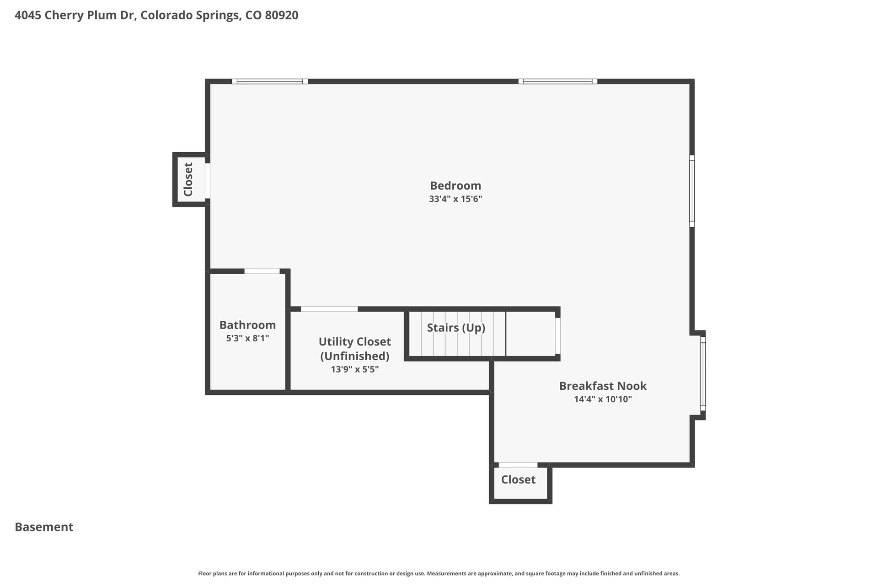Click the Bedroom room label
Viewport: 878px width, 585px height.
coord(455,186)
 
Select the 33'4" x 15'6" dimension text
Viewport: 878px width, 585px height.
coord(455,199)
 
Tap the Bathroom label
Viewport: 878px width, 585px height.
coord(247,325)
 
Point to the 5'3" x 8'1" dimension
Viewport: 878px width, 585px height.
coord(247,338)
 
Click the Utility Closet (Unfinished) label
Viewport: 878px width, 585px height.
coord(355,349)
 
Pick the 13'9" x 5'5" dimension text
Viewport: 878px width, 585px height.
coord(355,369)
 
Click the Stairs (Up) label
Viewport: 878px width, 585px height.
coord(456,328)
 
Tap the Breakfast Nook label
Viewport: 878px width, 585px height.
coord(603,386)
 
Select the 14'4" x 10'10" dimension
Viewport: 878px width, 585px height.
coord(603,399)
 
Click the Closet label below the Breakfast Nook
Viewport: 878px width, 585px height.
coord(518,479)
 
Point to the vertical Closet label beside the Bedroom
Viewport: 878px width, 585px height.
coord(188,179)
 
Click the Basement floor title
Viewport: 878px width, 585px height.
coord(44,527)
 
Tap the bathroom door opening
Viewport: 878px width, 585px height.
coord(262,271)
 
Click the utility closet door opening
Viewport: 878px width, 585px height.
coord(329,309)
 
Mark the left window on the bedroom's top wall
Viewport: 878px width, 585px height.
coord(270,81)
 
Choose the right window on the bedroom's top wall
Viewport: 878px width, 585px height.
coord(558,81)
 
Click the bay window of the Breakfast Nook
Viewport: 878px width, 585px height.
coord(703,374)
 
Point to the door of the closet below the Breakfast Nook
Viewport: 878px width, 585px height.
coord(518,465)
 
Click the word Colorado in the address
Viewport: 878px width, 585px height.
coord(166,15)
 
